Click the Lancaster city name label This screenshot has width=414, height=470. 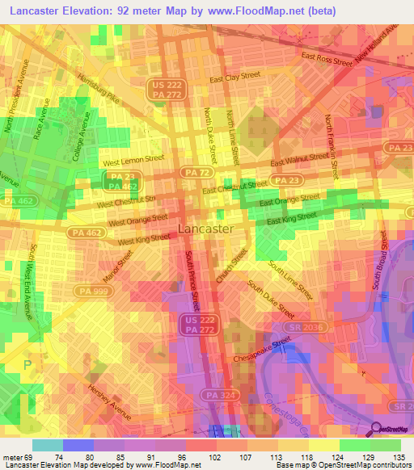click(205, 229)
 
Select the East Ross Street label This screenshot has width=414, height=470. click(327, 58)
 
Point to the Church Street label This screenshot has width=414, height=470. click(231, 266)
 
